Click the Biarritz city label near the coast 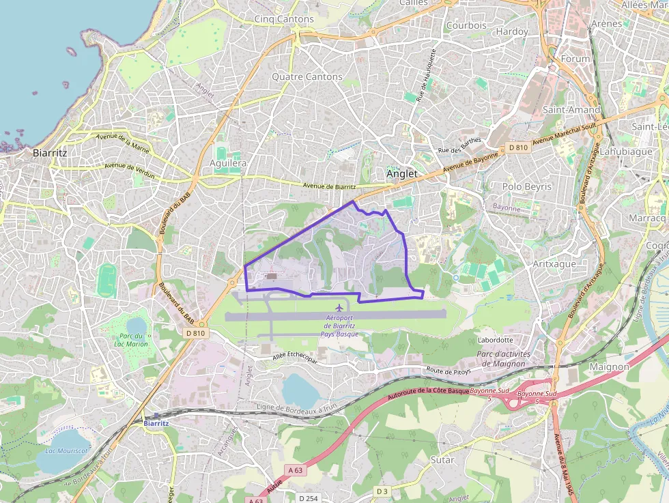50,153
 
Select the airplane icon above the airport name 339,306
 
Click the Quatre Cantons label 307,76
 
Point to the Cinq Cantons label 284,19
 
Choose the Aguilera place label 228,164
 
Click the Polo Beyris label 527,186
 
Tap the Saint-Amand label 571,109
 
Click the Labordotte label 496,340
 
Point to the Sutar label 442,460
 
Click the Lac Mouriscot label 66,450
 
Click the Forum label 575,59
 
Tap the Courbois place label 466,25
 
